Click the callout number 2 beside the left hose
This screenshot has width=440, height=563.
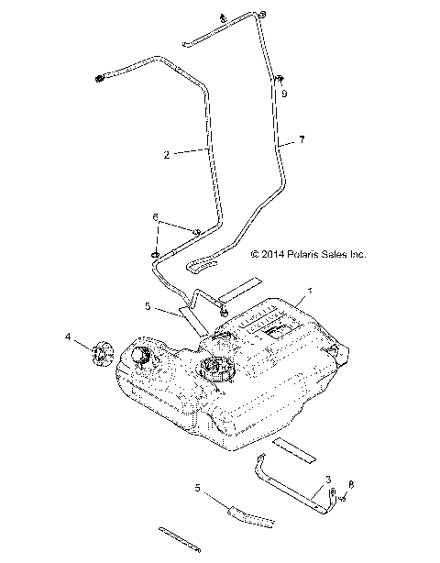point(166,155)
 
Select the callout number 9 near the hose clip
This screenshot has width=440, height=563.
point(284,94)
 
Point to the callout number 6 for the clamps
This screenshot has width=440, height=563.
point(155,217)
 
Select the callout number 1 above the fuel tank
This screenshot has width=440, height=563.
point(310,291)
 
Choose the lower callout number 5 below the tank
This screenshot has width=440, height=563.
point(197,488)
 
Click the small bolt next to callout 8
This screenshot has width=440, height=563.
point(341,499)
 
